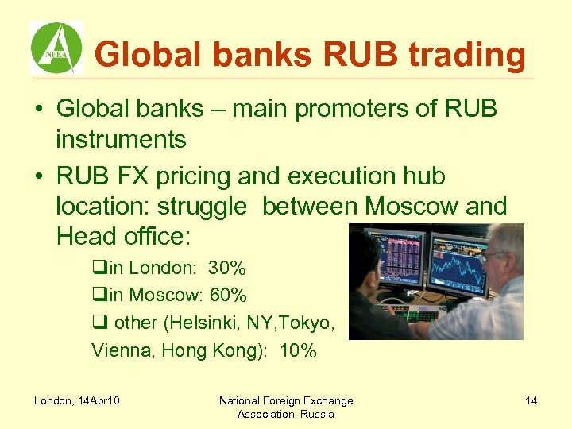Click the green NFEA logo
coord(56,48)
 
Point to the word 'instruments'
coord(121,140)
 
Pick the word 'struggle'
coord(202,207)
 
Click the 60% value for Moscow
coord(229,296)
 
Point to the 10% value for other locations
coord(298,350)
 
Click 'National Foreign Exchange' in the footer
coord(286,400)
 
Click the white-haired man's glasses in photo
coord(494,257)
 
